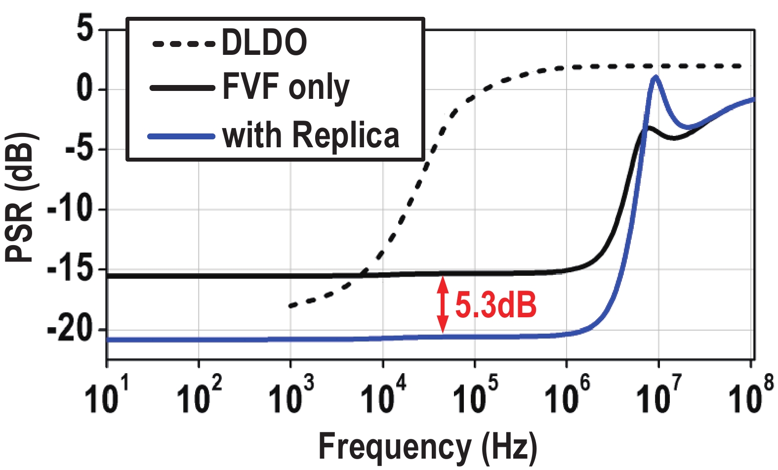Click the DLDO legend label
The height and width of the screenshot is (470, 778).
point(264,43)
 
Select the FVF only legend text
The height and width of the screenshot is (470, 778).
point(286,88)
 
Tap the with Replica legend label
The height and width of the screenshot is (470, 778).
point(311,135)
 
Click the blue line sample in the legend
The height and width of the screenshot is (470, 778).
point(182,135)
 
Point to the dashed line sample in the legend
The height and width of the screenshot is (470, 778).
point(183,43)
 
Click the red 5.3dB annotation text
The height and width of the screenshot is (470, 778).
point(495,304)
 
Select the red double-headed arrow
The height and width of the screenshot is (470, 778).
point(443,304)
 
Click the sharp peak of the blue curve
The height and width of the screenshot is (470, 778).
point(655,78)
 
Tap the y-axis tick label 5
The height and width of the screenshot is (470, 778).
point(84,29)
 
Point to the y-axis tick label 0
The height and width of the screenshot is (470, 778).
point(84,89)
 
